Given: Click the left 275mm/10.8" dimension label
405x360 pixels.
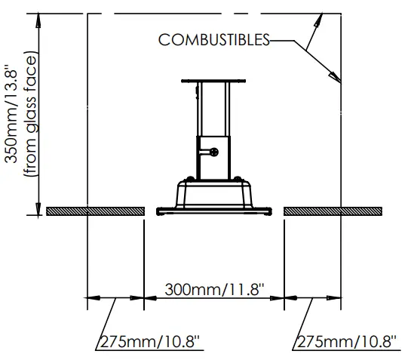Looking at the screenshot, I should (x=151, y=341).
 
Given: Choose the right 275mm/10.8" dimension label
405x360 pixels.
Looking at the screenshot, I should (x=347, y=341).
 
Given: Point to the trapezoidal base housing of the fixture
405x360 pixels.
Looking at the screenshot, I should (x=213, y=194).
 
